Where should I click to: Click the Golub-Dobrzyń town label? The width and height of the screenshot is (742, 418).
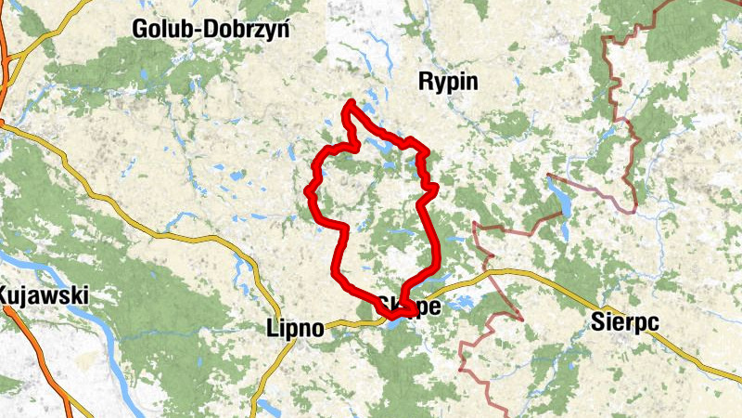[211, 29]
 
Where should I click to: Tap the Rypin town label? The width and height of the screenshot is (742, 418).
[448, 82]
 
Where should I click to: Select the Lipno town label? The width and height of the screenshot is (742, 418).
[295, 328]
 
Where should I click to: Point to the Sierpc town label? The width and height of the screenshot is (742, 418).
[623, 322]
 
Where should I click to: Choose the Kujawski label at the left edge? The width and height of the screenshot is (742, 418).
[44, 296]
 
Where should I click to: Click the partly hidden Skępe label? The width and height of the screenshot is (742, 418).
[408, 306]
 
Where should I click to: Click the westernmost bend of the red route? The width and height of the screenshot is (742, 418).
[308, 190]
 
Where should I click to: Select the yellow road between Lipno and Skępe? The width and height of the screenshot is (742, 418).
[352, 322]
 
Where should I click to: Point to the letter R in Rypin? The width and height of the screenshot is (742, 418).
[426, 82]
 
